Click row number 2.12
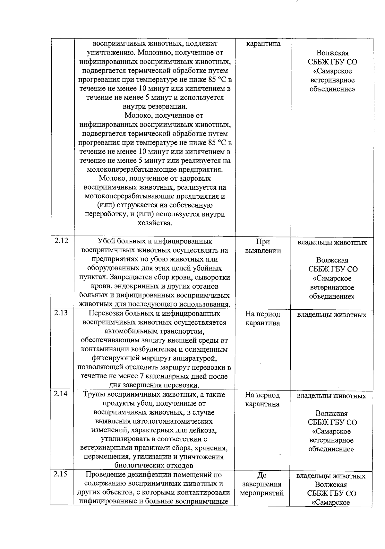[61, 241]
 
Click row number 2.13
[61, 313]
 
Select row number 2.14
[61, 394]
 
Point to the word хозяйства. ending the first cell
[155, 223]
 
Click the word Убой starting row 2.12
[105, 241]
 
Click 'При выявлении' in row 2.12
[263, 246]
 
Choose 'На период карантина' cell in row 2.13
[263, 318]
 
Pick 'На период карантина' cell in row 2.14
[263, 399]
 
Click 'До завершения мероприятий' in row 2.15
[262, 484]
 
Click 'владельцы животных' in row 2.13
[332, 315]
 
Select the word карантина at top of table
[263, 44]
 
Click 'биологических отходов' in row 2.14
[154, 466]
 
